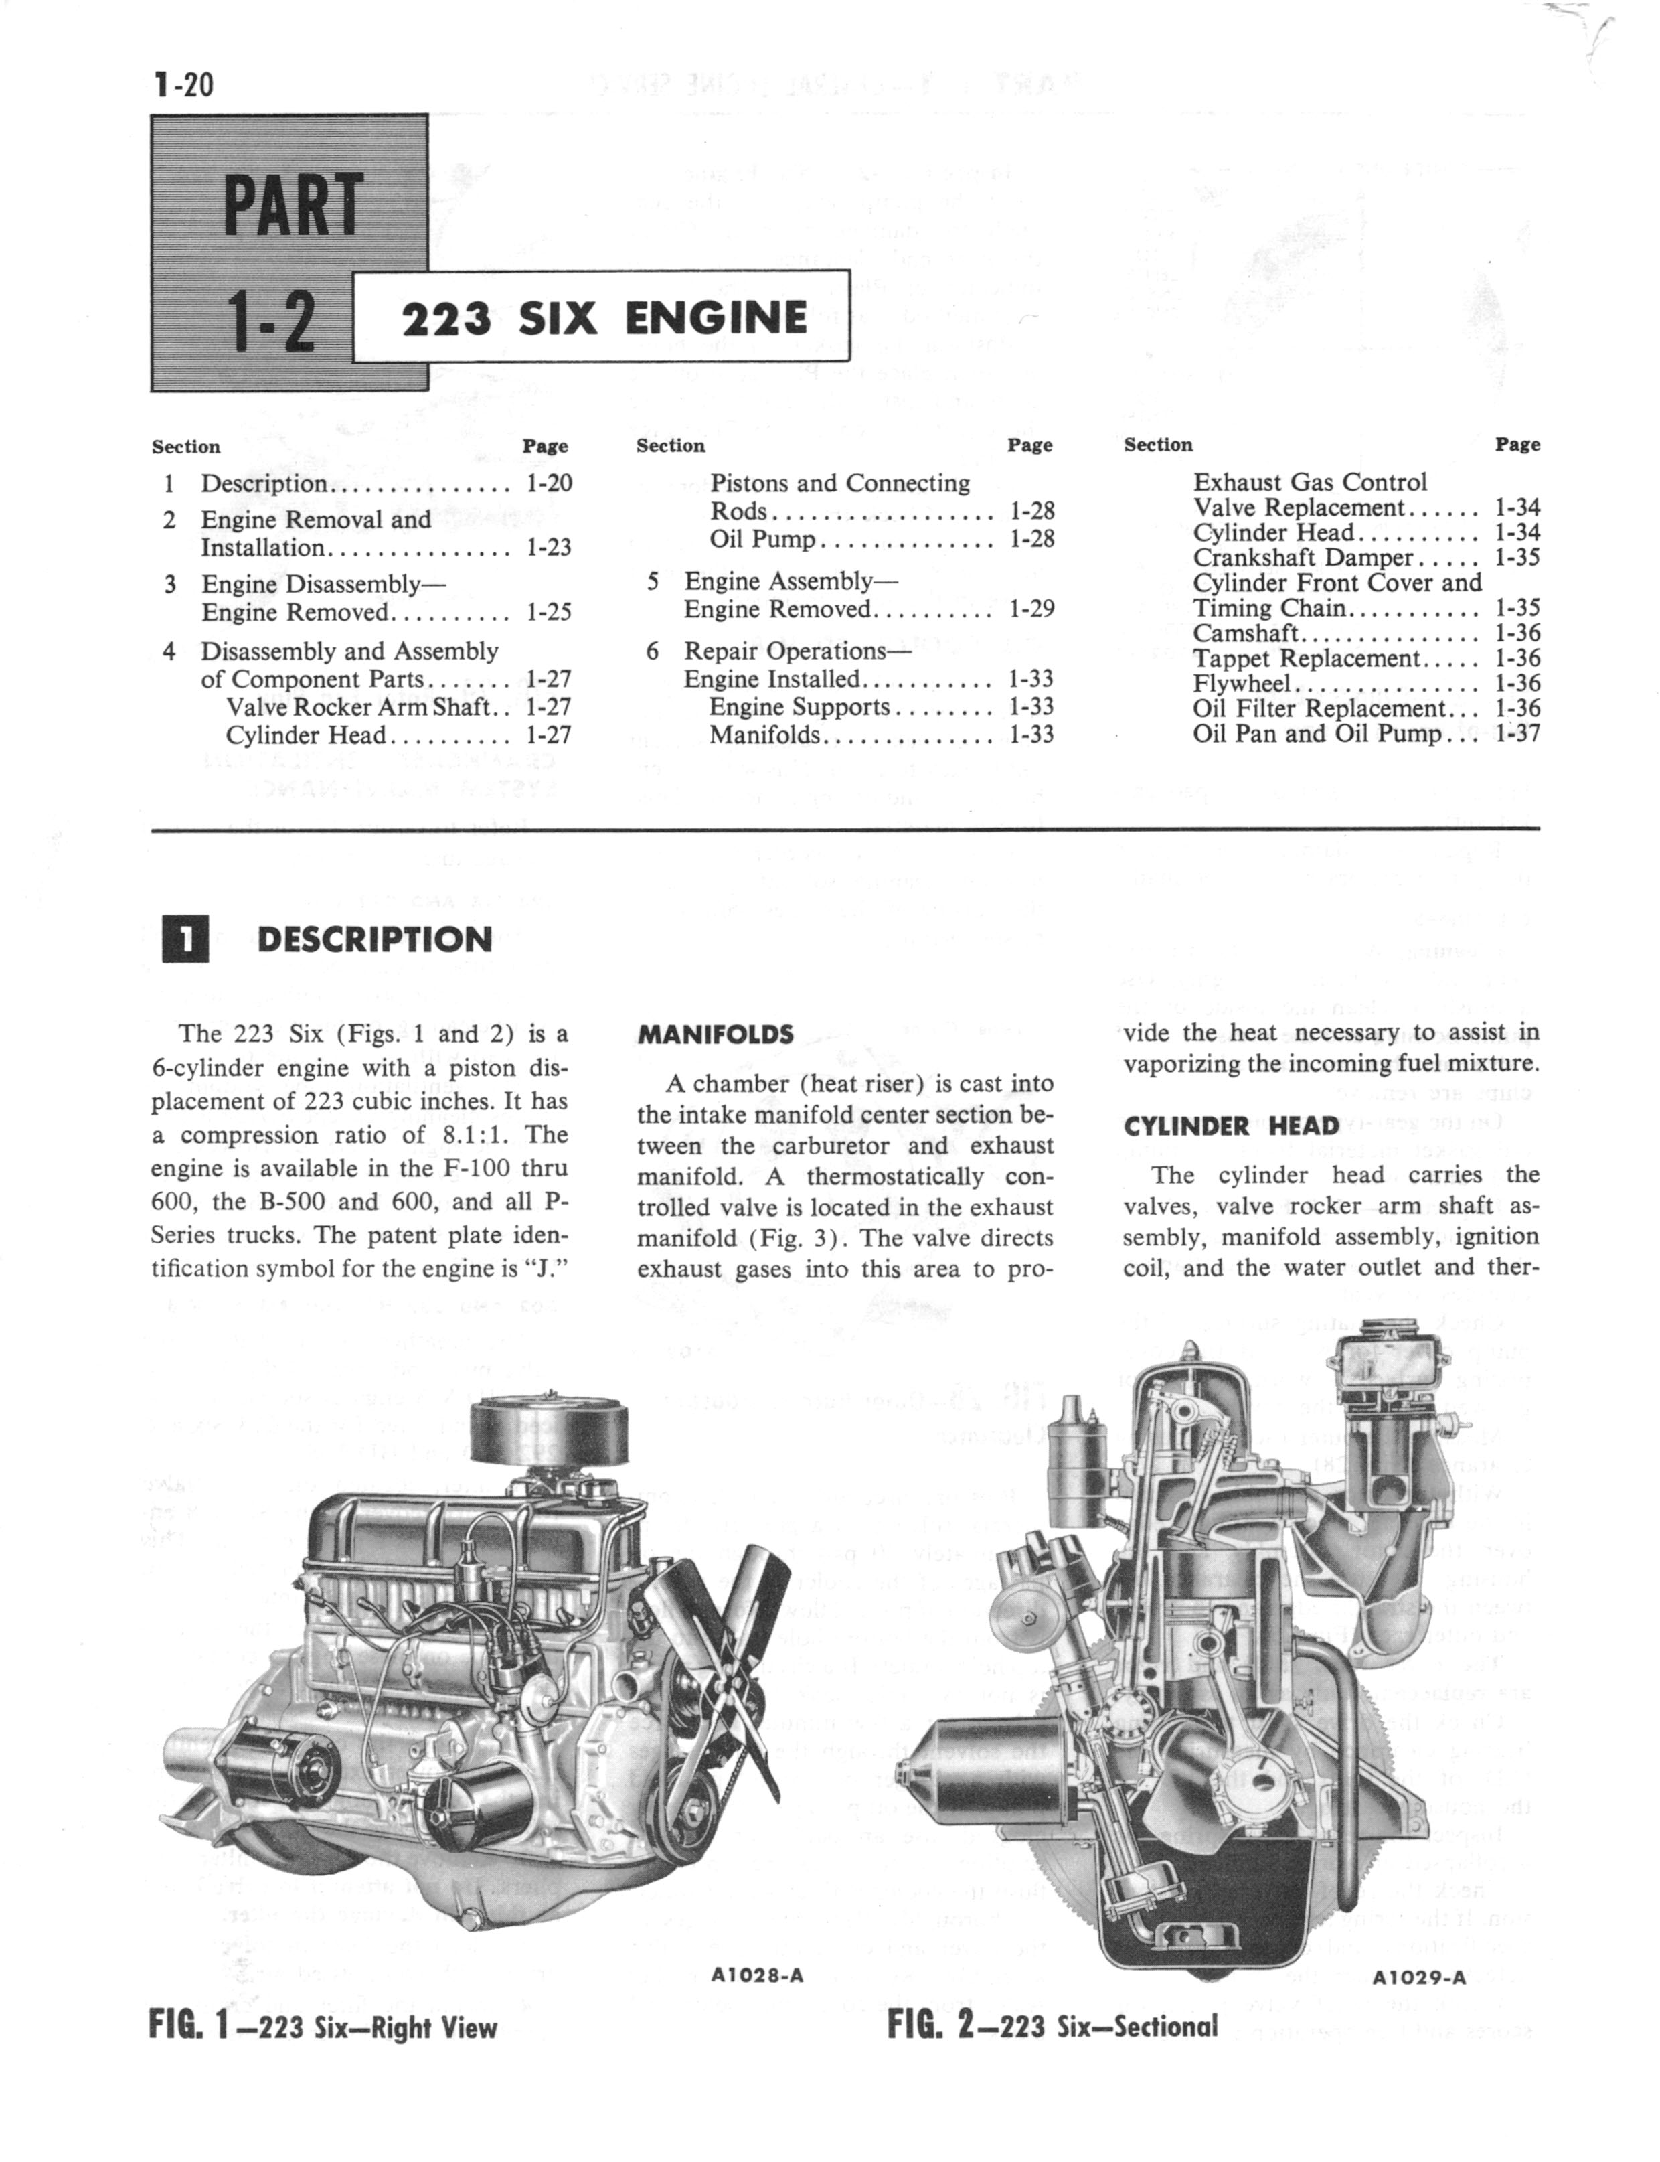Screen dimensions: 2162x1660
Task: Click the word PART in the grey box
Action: (293, 204)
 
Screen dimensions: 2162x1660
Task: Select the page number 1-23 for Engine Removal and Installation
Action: (548, 548)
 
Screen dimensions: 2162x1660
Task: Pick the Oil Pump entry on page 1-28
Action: (762, 538)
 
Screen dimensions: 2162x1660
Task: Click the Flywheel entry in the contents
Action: (1241, 683)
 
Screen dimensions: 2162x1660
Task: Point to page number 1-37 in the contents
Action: (1517, 733)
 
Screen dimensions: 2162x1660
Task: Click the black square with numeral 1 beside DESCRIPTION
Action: (185, 939)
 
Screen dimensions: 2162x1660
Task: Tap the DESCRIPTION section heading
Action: (373, 939)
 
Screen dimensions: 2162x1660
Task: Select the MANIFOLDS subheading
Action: (716, 1034)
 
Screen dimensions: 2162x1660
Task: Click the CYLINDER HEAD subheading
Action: (1231, 1126)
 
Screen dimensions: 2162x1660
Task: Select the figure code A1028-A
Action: (757, 1975)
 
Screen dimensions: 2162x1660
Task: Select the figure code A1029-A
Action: (1419, 1977)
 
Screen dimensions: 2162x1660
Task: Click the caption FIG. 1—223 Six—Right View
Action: (323, 2027)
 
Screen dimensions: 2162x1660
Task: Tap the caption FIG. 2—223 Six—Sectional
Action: (1052, 2025)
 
